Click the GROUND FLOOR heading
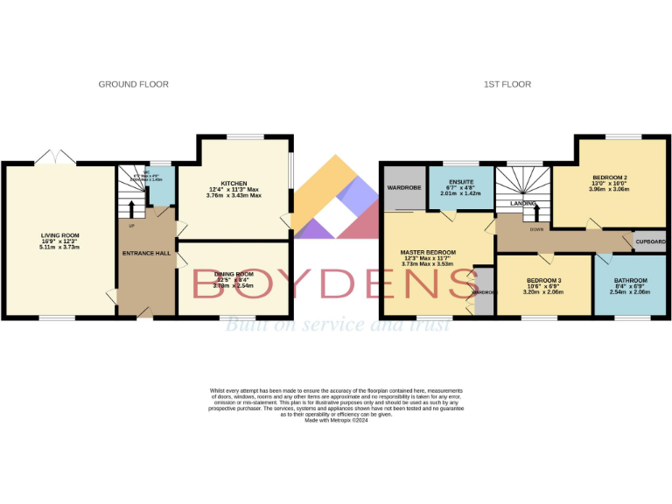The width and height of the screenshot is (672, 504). (x=133, y=84)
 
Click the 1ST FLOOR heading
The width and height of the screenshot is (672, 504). (x=507, y=84)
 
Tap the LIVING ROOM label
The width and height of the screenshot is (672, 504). (x=60, y=235)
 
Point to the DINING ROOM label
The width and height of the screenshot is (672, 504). (x=233, y=275)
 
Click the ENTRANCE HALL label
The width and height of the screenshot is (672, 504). (x=144, y=253)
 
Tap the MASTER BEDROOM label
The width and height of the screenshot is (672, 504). (x=430, y=252)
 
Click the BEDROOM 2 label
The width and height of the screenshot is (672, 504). (x=609, y=176)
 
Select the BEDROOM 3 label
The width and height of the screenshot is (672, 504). (x=544, y=280)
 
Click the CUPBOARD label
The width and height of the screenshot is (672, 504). (x=649, y=241)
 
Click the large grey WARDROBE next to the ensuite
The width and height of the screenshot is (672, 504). (x=404, y=187)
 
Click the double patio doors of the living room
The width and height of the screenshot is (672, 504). (x=55, y=157)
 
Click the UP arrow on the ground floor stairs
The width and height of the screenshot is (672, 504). (x=132, y=208)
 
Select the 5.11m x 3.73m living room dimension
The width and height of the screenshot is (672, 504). (x=60, y=247)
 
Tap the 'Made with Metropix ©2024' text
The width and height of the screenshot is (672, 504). (x=336, y=421)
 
